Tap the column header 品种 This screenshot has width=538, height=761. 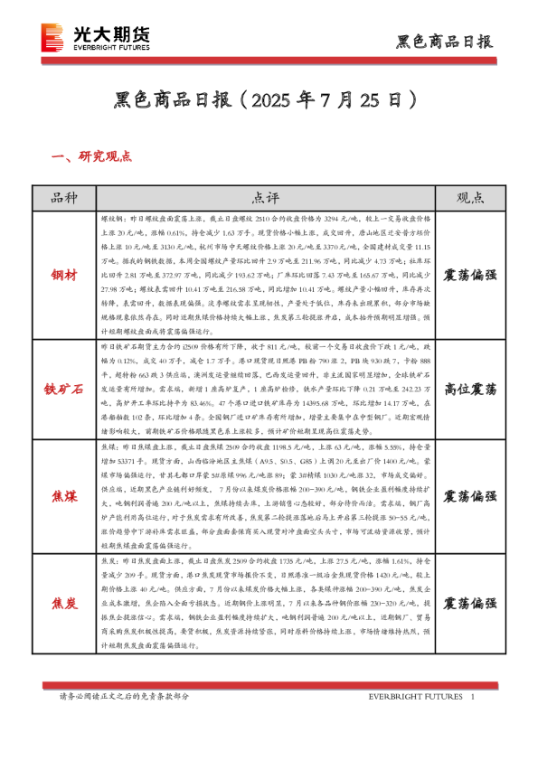65,198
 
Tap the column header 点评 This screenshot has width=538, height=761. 265,198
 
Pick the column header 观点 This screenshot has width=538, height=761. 469,198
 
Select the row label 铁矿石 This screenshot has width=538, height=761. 65,389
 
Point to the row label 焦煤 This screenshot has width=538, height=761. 65,496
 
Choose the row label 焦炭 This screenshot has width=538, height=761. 65,603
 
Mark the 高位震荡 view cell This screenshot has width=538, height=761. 469,389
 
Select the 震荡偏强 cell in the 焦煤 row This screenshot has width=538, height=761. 469,496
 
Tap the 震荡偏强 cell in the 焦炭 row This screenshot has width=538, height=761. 469,603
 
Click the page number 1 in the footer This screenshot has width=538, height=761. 474,697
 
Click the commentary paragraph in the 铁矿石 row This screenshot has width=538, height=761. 265,389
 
